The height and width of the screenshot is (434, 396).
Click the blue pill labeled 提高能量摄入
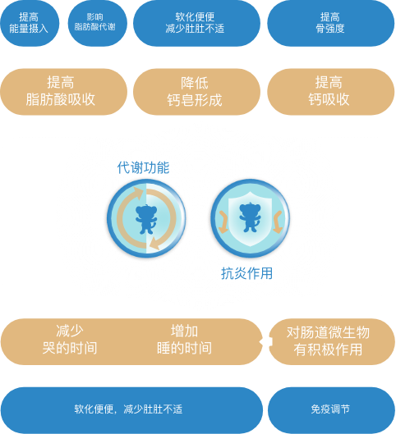coord(30,23)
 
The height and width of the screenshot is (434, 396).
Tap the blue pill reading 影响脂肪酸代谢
coord(98,23)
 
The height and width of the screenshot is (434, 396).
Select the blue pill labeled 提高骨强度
coord(330,23)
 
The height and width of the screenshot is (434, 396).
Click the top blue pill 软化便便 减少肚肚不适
coord(196,23)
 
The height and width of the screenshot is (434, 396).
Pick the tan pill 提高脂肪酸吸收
coord(64,92)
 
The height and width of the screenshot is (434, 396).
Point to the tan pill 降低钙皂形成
coord(196,92)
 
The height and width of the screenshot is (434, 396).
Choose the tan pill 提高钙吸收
coord(330,92)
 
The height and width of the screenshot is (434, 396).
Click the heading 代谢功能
coord(143,167)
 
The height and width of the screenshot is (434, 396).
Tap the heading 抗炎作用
coord(246,273)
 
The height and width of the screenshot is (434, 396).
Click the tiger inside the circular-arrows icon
coord(146,219)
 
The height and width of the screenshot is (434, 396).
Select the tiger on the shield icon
coord(250,217)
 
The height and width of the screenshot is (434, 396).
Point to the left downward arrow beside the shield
coord(223,222)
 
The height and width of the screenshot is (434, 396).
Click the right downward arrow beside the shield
coord(278,222)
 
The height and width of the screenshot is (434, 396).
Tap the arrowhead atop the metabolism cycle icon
coord(138,192)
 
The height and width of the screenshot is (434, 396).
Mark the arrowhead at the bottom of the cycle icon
coord(154,244)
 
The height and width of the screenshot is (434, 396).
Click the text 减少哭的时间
coord(70,340)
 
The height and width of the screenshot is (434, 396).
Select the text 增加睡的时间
coord(184,340)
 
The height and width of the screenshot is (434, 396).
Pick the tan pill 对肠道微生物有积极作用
coord(332,341)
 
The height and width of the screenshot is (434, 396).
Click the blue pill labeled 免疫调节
coord(331,410)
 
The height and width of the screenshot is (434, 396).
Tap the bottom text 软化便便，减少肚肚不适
coord(128,409)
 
